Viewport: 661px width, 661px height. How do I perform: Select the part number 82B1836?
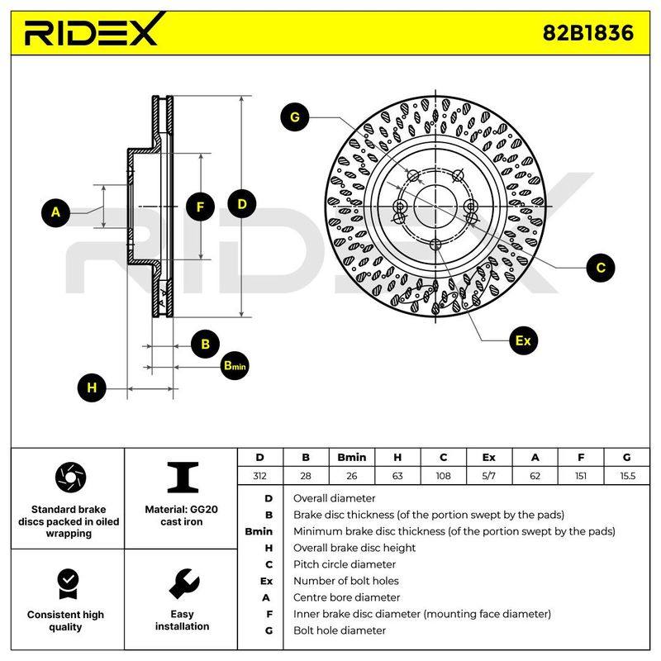[x=587, y=32]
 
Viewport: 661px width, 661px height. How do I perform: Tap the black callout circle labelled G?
[x=295, y=117]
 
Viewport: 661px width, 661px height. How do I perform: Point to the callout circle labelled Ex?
[x=523, y=340]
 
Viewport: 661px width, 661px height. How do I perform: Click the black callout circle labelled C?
[x=601, y=267]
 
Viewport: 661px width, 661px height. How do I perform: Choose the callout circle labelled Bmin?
[x=235, y=365]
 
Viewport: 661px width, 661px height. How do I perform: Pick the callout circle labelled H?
[x=92, y=388]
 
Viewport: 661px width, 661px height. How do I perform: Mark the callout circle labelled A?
[x=55, y=212]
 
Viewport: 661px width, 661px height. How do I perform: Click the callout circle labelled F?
[x=200, y=207]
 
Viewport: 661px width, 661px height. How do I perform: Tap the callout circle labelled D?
[x=241, y=204]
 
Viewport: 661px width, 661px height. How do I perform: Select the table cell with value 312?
[x=260, y=476]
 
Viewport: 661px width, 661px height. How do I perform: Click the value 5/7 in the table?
[x=489, y=476]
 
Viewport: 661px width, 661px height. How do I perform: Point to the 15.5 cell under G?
[x=627, y=476]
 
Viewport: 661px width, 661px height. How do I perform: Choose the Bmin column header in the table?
[x=352, y=458]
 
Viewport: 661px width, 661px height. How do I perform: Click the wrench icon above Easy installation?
[x=183, y=584]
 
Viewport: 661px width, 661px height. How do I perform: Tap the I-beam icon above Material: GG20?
[x=183, y=478]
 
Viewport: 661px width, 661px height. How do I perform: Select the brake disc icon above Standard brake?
[x=70, y=478]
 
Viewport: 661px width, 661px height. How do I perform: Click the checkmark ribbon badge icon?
[x=69, y=583]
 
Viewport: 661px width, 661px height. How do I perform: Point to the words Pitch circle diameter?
[x=345, y=564]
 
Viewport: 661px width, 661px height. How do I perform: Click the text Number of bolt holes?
[x=346, y=581]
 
